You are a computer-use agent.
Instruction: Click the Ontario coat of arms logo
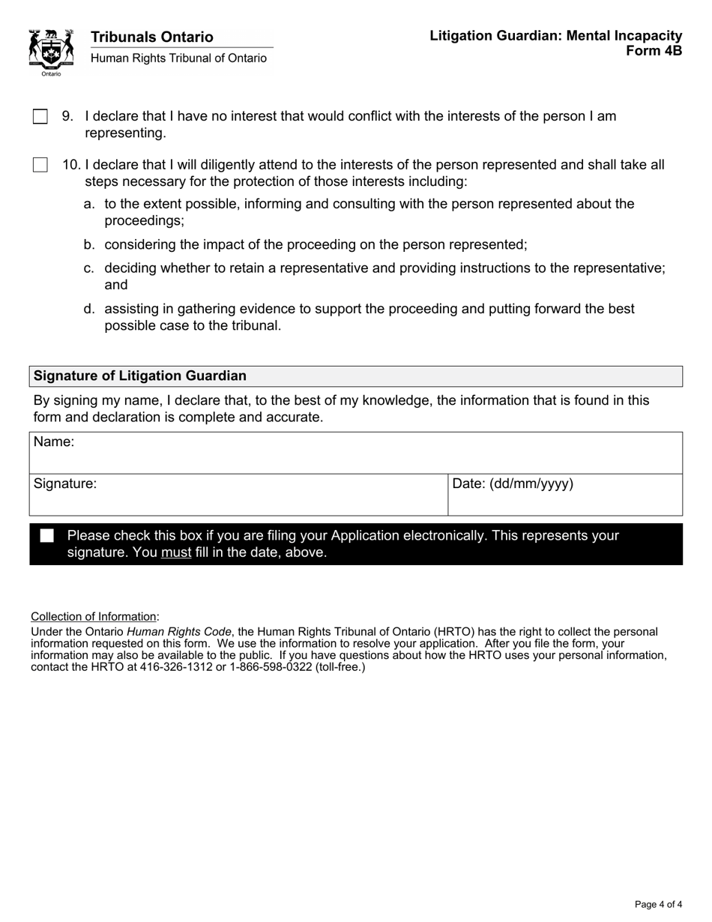point(51,51)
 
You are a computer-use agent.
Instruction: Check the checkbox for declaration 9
point(40,116)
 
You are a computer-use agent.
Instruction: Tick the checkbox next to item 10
point(40,165)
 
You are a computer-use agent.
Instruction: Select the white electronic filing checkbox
point(47,536)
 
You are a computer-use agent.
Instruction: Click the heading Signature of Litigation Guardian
point(140,376)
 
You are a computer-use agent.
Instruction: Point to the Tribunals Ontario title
point(152,37)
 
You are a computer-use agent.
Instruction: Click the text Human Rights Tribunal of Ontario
point(178,58)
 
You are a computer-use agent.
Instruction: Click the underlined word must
point(176,553)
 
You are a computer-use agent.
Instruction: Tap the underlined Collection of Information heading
point(94,617)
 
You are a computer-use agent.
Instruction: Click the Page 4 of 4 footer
point(658,904)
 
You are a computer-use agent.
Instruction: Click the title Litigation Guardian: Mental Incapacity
point(555,36)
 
